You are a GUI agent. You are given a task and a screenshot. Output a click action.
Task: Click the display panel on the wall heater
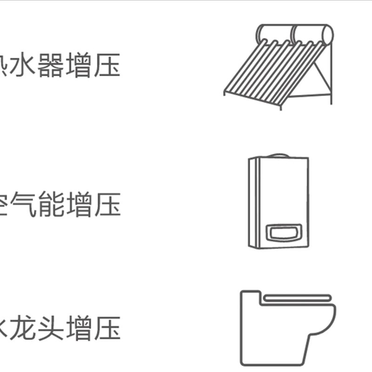click(x=283, y=232)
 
